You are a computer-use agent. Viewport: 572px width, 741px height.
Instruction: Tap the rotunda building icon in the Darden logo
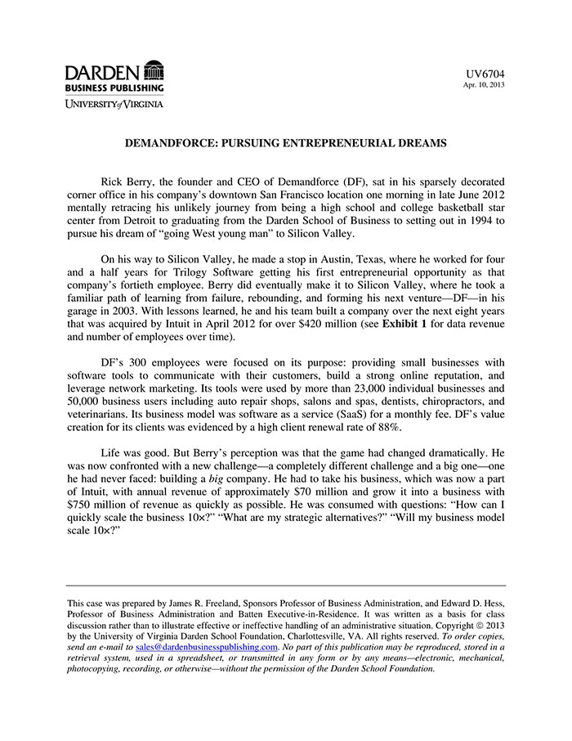pos(153,70)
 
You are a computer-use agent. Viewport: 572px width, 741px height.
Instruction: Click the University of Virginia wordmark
pos(114,104)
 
